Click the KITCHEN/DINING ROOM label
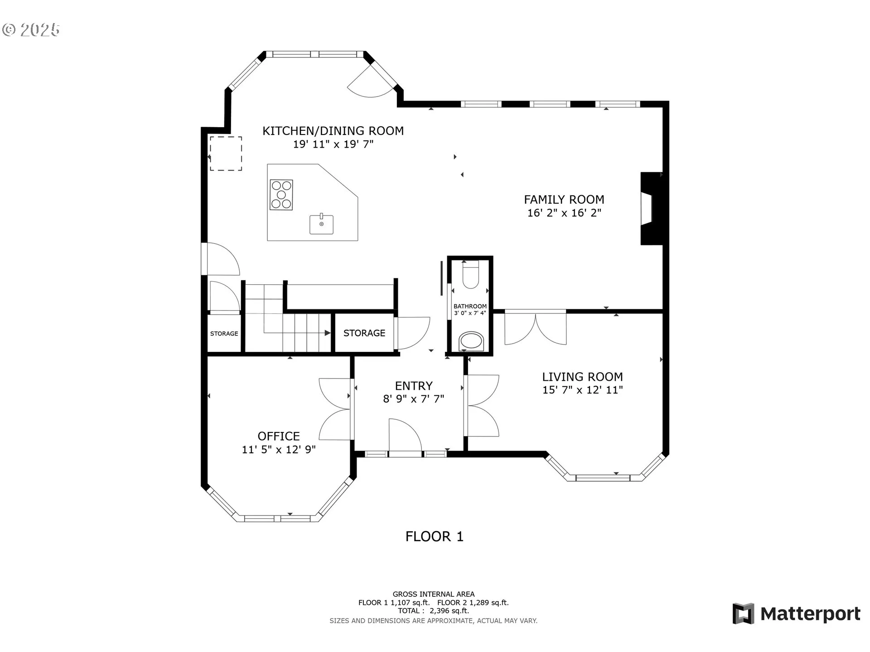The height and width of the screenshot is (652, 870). (x=333, y=131)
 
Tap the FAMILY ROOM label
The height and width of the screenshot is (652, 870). (x=564, y=200)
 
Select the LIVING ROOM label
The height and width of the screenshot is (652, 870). (x=582, y=377)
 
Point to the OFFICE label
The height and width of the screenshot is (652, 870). (x=279, y=436)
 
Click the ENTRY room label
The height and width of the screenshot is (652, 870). (x=414, y=386)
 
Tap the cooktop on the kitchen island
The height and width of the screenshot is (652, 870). (x=281, y=195)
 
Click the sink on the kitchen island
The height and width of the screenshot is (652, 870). (x=322, y=224)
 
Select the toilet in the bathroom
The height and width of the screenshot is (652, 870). (x=471, y=274)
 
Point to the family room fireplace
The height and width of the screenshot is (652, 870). (x=652, y=209)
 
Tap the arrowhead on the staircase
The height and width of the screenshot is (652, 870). (x=328, y=333)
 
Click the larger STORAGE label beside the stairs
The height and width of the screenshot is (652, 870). (x=364, y=333)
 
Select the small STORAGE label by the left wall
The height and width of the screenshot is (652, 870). (x=224, y=334)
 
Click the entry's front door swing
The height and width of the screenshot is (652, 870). (x=406, y=435)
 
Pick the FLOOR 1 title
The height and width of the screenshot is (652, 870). (x=435, y=537)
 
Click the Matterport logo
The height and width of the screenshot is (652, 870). (x=797, y=614)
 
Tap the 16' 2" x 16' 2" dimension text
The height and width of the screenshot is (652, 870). (x=564, y=213)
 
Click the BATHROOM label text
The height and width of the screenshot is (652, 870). (x=470, y=307)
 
